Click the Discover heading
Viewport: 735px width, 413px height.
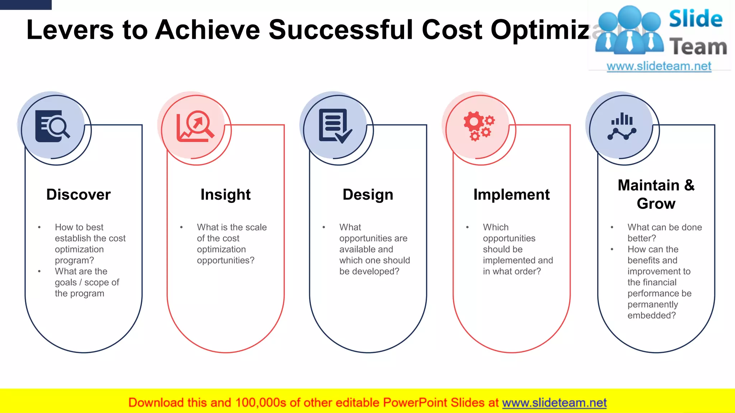point(78,195)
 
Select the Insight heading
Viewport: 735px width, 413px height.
point(225,195)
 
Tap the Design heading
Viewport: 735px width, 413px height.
point(368,195)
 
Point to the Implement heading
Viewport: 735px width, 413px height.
point(511,195)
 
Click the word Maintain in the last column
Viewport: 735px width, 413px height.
point(648,185)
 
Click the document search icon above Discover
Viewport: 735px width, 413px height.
point(52,126)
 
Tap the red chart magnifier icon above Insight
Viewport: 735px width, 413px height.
point(195,126)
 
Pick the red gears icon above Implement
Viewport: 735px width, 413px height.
point(478,126)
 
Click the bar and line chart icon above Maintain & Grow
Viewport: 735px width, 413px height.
point(622,126)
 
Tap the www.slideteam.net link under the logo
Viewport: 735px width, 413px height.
point(659,66)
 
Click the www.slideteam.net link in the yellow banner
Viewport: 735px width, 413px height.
point(554,403)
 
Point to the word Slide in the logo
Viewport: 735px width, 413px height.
point(696,19)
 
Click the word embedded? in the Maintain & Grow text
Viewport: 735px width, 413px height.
point(651,315)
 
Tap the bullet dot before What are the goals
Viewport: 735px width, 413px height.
point(39,271)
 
